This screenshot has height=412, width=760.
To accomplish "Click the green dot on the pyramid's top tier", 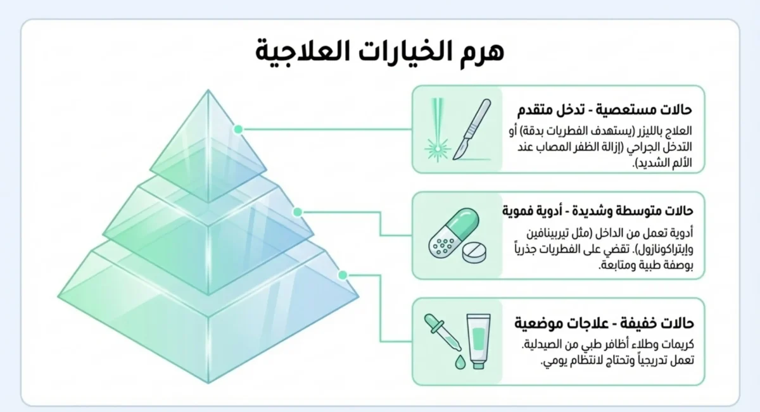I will pos(239,129).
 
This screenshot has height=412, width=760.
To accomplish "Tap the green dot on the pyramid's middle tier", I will pos(297,212).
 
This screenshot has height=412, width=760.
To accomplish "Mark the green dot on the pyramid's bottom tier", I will pos(343,275).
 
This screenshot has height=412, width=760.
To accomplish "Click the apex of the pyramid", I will pos(208,91).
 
